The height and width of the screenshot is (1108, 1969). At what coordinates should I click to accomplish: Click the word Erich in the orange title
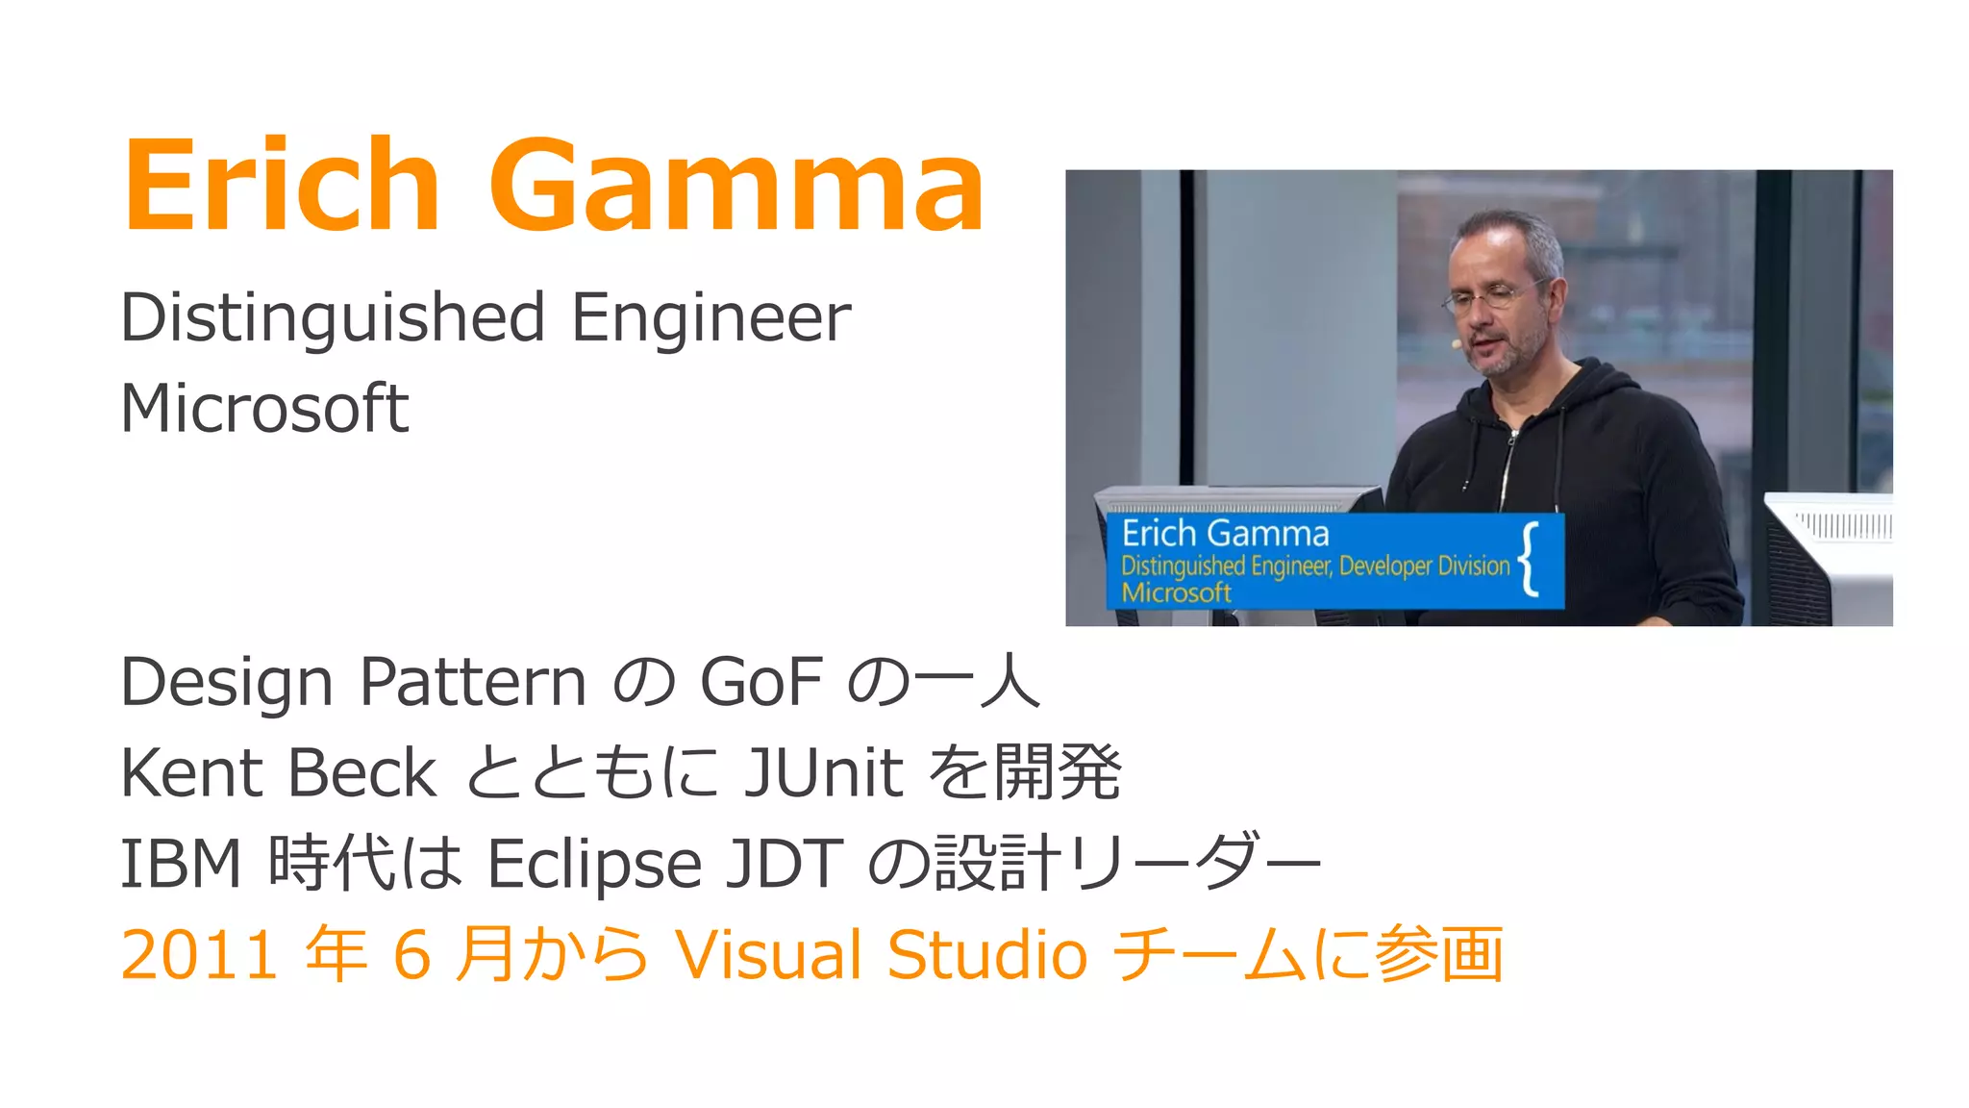pyautogui.click(x=281, y=185)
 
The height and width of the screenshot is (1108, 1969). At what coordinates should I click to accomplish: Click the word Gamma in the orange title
pyautogui.click(x=736, y=185)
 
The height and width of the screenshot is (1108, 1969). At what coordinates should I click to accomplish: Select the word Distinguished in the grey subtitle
pyautogui.click(x=333, y=317)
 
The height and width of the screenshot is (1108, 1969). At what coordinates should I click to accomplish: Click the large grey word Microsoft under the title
pyautogui.click(x=264, y=408)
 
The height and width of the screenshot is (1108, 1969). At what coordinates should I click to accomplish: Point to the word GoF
pyautogui.click(x=761, y=682)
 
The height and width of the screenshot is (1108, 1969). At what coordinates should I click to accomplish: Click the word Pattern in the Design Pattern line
pyautogui.click(x=472, y=682)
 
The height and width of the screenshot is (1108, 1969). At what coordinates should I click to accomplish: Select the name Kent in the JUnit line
pyautogui.click(x=191, y=772)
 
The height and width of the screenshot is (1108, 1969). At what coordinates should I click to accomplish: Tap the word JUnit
pyautogui.click(x=824, y=772)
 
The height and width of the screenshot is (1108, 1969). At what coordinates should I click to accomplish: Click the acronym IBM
pyautogui.click(x=180, y=863)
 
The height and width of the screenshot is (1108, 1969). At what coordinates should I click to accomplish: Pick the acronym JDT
pyautogui.click(x=784, y=863)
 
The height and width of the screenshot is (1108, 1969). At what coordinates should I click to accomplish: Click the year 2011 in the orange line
pyautogui.click(x=200, y=955)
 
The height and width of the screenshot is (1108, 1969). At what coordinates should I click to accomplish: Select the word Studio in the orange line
pyautogui.click(x=986, y=955)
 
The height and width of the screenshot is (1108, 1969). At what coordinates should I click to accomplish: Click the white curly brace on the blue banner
pyautogui.click(x=1530, y=559)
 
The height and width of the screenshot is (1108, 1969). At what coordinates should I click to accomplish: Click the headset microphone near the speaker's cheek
pyautogui.click(x=1458, y=342)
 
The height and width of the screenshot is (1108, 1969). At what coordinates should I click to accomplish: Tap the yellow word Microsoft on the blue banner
pyautogui.click(x=1176, y=592)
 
